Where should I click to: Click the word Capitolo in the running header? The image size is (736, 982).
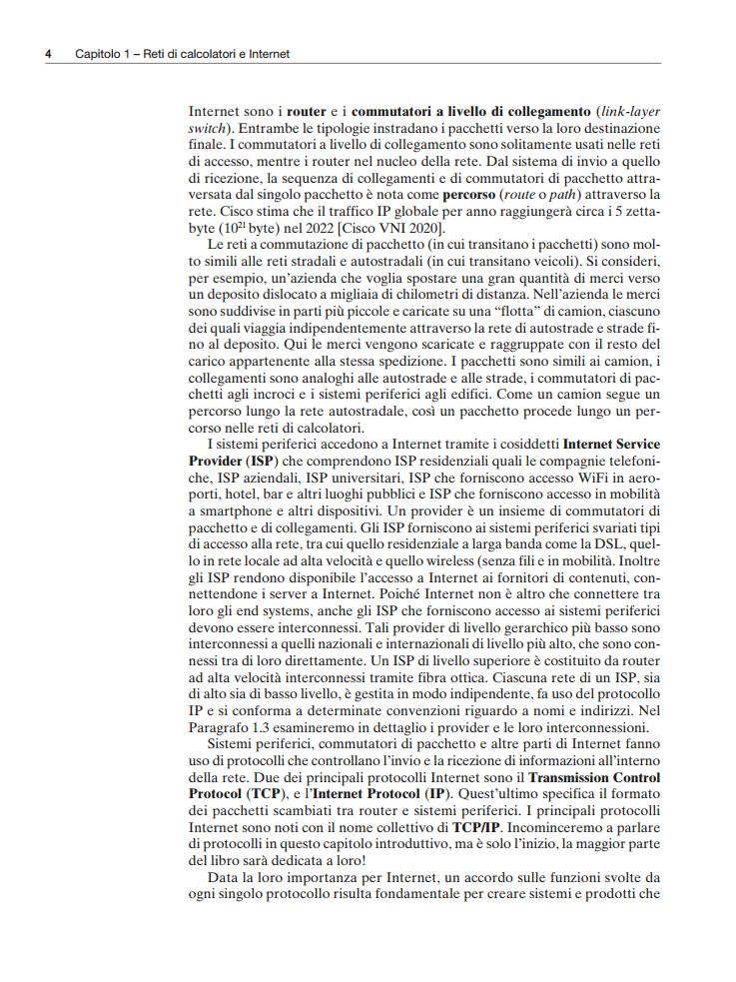98,54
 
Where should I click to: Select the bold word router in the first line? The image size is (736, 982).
307,113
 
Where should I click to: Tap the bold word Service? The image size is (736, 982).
631,443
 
